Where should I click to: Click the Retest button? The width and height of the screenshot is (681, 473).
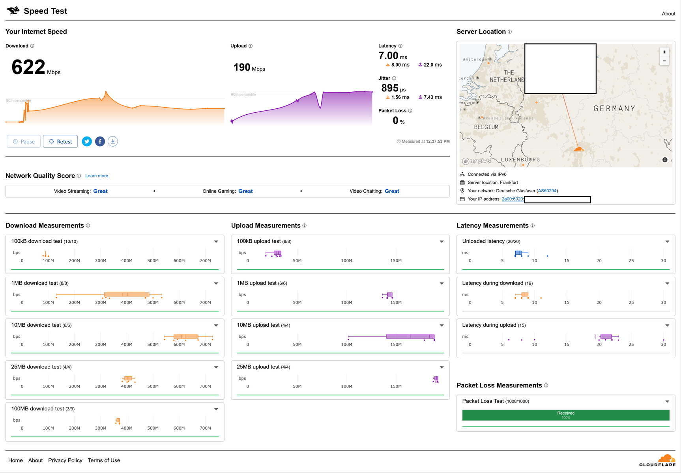(x=60, y=142)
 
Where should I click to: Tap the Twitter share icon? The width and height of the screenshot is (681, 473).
(x=87, y=142)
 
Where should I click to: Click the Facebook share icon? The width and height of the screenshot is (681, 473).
(x=100, y=142)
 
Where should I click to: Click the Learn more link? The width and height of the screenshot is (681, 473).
(x=97, y=176)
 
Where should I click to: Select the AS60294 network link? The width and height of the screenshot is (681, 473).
(x=547, y=191)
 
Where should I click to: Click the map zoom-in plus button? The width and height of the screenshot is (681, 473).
(x=664, y=52)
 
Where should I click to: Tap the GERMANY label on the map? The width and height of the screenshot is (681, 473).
(x=614, y=108)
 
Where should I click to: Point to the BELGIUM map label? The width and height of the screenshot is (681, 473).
(x=486, y=127)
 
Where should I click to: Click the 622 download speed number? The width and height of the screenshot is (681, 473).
(x=28, y=67)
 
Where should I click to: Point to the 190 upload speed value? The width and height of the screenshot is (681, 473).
(x=242, y=67)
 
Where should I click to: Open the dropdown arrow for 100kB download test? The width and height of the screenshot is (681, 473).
(x=216, y=242)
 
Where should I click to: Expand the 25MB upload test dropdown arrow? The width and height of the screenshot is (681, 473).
(x=442, y=367)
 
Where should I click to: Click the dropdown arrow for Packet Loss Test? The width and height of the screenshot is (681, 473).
(x=667, y=402)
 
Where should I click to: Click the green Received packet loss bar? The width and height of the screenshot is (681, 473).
(x=566, y=415)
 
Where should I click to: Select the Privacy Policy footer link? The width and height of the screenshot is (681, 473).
(x=65, y=460)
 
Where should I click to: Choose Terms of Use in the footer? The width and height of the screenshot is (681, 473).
(x=104, y=460)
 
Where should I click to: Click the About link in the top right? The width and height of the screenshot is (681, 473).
(x=668, y=14)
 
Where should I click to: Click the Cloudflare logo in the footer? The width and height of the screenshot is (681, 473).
(x=658, y=461)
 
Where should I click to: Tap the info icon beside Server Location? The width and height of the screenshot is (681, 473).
(x=510, y=32)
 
